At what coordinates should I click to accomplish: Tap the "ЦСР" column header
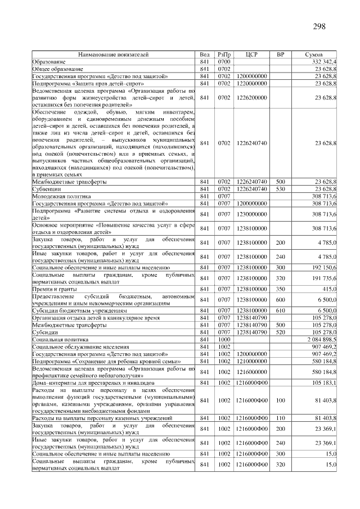click(x=251, y=55)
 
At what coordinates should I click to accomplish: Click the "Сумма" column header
click(x=313, y=55)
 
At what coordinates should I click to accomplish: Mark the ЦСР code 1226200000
click(x=251, y=97)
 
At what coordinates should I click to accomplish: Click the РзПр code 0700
click(x=224, y=61)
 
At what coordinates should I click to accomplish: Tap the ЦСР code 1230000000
click(x=251, y=214)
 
